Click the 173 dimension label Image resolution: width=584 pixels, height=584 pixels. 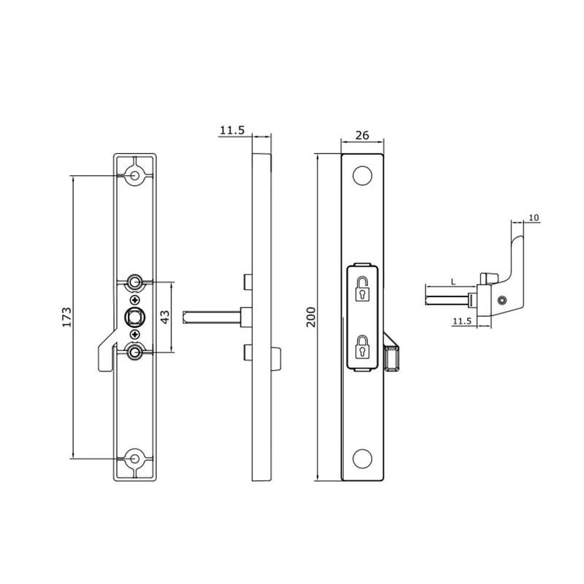click(66, 317)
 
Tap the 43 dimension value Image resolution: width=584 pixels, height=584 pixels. click(164, 317)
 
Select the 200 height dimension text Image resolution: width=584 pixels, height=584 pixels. click(311, 317)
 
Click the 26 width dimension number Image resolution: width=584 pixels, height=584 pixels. click(361, 136)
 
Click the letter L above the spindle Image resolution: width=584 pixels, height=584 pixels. click(454, 281)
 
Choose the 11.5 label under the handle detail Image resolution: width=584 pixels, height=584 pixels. click(461, 320)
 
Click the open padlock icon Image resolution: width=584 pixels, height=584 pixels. click(362, 288)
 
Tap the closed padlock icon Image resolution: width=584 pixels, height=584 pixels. click(362, 348)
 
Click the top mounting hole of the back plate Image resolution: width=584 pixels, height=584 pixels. click(135, 176)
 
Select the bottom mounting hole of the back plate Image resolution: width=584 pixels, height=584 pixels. click(135, 459)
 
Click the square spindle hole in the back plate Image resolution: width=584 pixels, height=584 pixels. click(135, 316)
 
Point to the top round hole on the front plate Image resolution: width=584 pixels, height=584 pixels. click(361, 176)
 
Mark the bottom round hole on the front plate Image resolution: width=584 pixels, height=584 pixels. click(361, 458)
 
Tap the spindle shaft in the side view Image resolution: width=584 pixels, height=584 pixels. click(212, 315)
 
